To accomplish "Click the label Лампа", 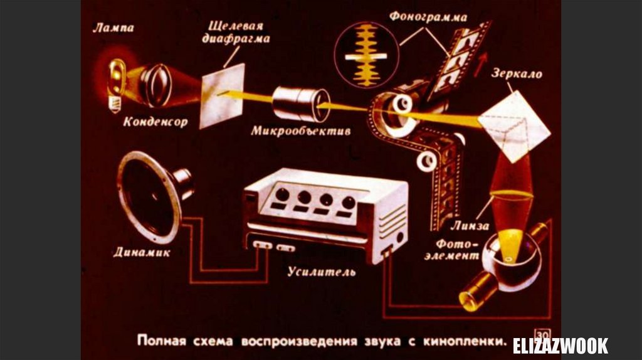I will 113,28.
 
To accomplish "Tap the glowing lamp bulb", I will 117,78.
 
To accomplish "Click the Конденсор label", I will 155,121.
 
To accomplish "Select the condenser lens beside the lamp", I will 154,84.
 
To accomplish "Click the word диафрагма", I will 236,39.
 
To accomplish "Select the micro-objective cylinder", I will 300,102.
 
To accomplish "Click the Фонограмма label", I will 428,16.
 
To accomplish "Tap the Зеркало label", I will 518,74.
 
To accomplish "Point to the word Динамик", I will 140,253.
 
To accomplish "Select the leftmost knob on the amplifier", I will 283,195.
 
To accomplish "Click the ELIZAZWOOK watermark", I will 560,345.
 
